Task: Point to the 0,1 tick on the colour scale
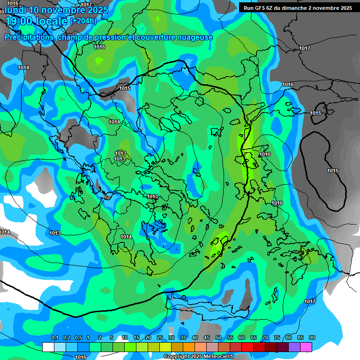click(54, 338)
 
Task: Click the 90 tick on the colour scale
click(312, 338)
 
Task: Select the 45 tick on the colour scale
click(207, 338)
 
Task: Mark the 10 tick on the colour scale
click(125, 338)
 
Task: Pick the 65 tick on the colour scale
click(254, 338)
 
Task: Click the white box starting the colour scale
click(48, 347)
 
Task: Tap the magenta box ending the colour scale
click(306, 347)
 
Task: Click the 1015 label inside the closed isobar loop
click(333, 171)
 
